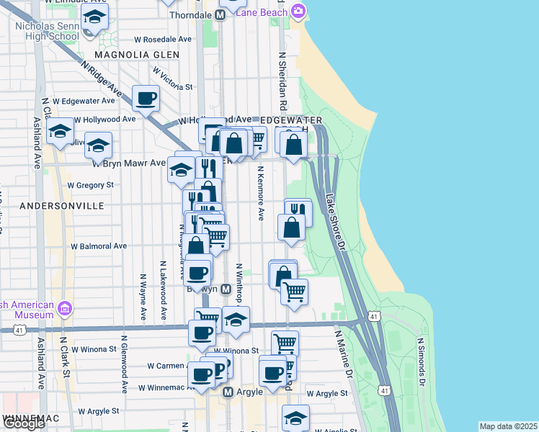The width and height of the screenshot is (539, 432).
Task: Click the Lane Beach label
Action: point(263,11)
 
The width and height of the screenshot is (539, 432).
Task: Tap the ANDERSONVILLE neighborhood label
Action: point(62,206)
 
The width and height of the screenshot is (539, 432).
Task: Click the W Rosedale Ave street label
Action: point(162,40)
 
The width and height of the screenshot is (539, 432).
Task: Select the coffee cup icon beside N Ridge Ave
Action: point(146,98)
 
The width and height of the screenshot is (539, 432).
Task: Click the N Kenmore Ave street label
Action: point(260,194)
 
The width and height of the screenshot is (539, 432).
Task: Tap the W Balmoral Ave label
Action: point(98,246)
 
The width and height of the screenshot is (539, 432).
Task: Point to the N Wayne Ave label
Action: point(143,296)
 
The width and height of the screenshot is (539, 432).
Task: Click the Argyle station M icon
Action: point(228,392)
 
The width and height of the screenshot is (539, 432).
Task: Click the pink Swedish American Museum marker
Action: point(65,308)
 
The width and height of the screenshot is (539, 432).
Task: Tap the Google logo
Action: point(24,423)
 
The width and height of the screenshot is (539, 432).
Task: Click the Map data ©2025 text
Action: point(508,426)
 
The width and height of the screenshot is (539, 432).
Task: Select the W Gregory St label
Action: point(91,185)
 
